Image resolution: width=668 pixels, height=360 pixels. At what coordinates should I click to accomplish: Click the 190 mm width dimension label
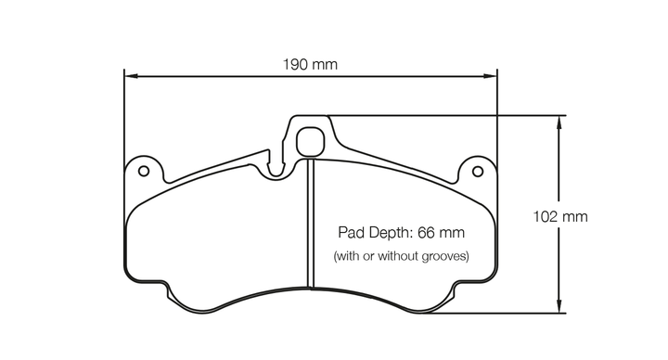tap(310, 65)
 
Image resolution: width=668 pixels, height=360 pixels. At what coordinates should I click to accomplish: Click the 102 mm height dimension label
tap(560, 217)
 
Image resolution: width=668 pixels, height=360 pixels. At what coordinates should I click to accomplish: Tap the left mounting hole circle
tap(144, 172)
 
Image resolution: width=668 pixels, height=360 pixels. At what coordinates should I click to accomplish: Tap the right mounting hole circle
tap(478, 172)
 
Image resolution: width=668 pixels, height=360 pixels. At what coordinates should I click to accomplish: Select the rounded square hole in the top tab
tap(310, 142)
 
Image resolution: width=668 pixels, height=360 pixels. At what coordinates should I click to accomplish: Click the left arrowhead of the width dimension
tap(131, 76)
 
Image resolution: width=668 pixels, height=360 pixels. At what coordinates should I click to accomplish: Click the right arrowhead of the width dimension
tap(490, 76)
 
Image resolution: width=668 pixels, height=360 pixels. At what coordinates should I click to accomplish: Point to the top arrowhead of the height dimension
tap(559, 122)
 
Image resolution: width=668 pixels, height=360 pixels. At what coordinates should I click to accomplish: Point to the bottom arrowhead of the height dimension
tap(559, 306)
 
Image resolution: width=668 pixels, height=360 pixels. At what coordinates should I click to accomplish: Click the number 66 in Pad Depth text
tap(426, 233)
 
